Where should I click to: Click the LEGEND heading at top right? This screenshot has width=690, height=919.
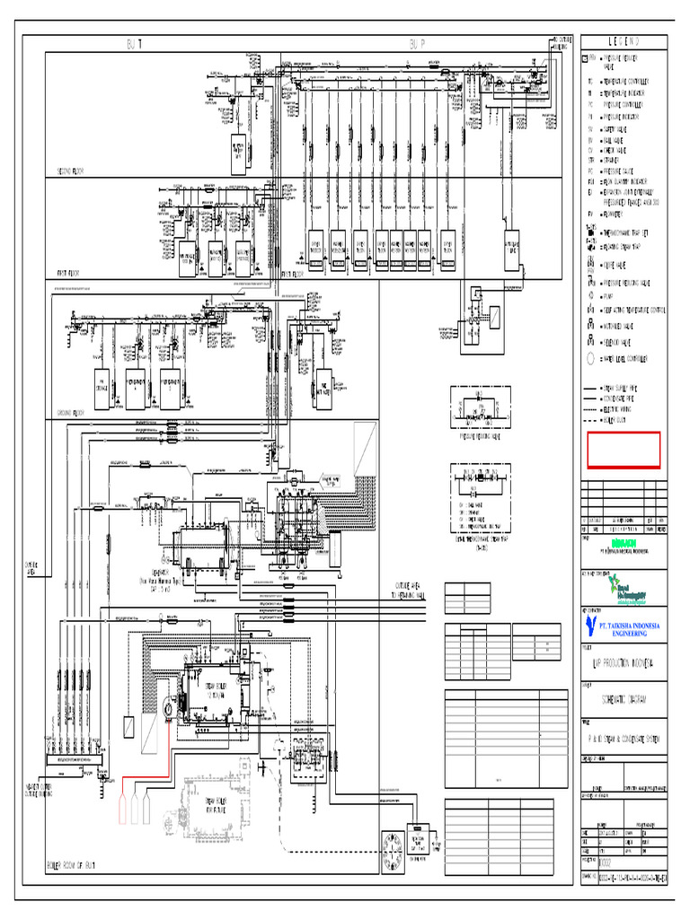coord(624,42)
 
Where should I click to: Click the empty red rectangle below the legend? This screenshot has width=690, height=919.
coord(624,450)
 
